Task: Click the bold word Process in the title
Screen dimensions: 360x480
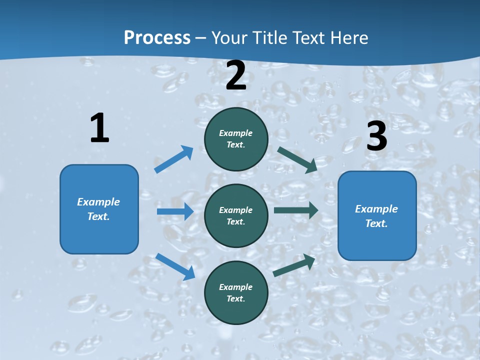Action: click(x=157, y=38)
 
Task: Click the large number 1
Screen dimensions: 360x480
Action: click(x=99, y=128)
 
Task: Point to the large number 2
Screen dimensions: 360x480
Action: click(x=236, y=75)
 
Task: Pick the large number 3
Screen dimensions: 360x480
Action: click(x=376, y=136)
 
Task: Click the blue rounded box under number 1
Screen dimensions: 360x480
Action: click(x=99, y=209)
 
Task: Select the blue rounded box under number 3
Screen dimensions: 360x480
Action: click(x=377, y=216)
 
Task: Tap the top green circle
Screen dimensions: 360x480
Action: click(x=236, y=139)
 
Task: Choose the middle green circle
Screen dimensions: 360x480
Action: click(x=236, y=215)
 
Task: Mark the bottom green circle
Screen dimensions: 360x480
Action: click(x=236, y=292)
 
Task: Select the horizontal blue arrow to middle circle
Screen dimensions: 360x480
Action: click(x=175, y=211)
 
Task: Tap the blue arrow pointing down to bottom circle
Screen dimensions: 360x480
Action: click(x=175, y=266)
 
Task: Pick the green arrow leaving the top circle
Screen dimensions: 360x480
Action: click(x=297, y=159)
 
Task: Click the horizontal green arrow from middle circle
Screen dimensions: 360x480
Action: click(x=296, y=210)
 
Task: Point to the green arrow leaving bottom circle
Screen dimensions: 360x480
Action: click(x=294, y=265)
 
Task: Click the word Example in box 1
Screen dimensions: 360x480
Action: click(x=98, y=202)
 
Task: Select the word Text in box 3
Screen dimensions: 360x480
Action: click(x=375, y=223)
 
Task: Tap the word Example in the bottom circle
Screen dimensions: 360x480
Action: click(x=236, y=287)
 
